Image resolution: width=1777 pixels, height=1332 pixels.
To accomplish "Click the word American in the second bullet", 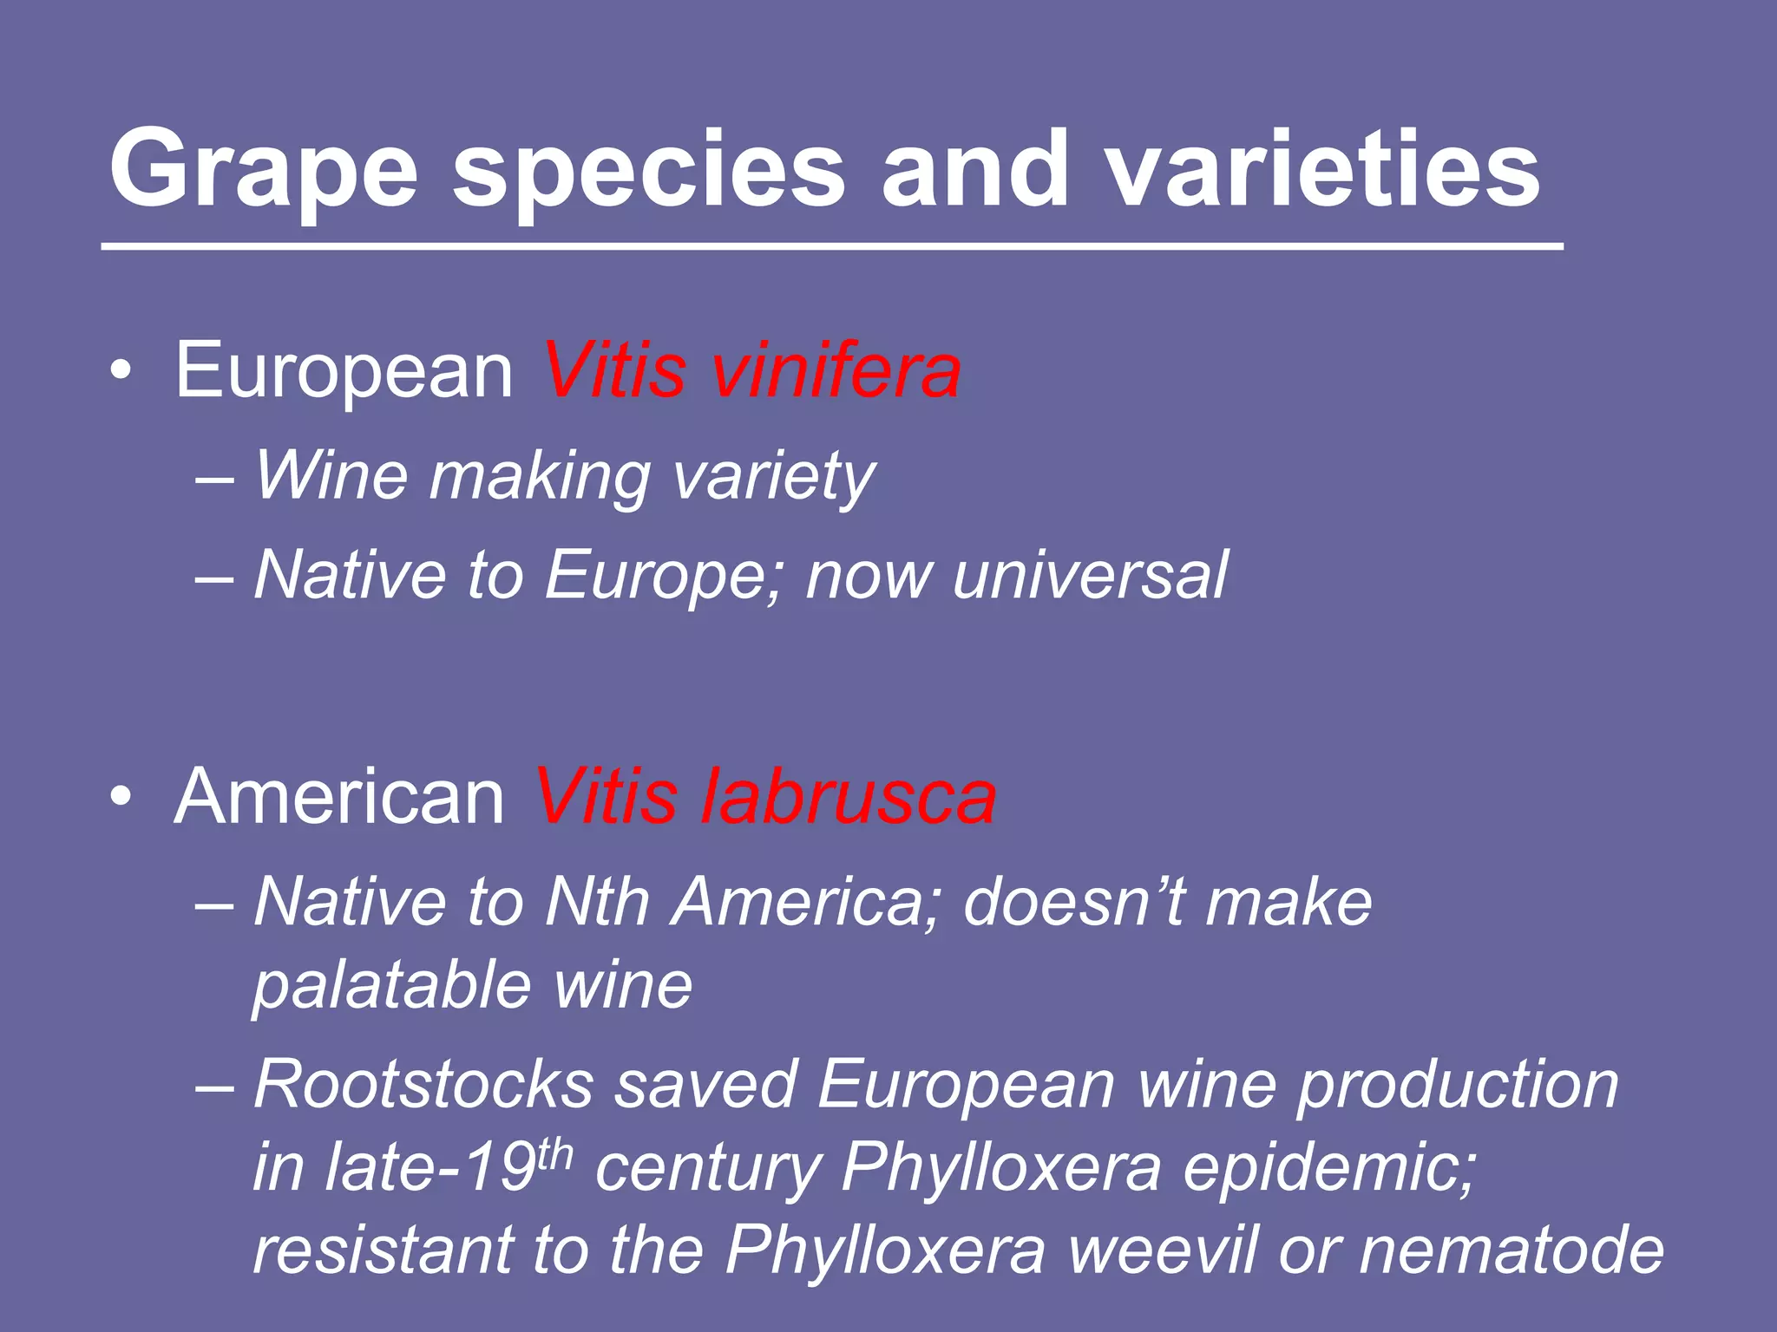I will [339, 797].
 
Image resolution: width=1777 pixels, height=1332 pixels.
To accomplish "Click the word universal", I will [1090, 575].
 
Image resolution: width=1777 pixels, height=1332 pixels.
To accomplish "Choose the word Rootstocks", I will [423, 1084].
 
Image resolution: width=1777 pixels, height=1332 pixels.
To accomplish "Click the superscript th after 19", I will [555, 1153].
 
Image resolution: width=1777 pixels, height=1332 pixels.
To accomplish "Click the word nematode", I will [1511, 1250].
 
